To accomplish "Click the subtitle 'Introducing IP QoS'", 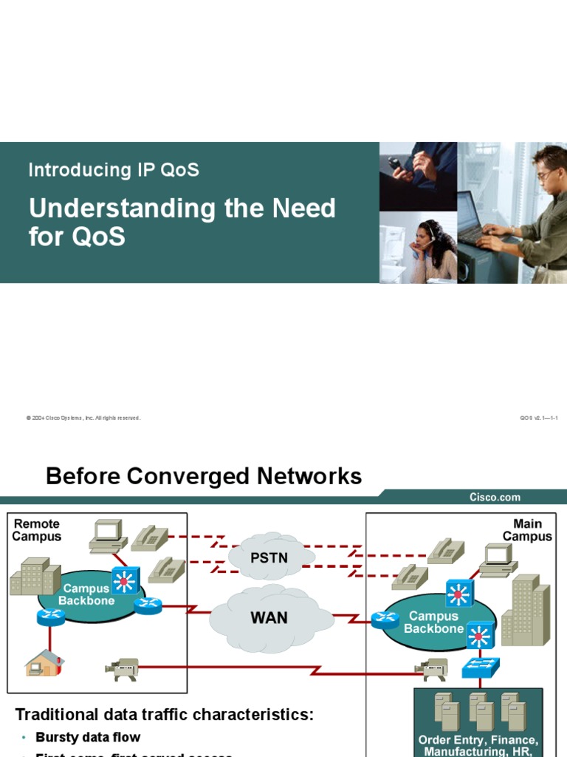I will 114,170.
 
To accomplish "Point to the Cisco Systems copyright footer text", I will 83,418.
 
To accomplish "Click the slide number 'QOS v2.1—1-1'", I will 538,418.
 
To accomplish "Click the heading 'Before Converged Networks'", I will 204,476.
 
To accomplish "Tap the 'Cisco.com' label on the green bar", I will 495,498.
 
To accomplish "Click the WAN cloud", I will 269,617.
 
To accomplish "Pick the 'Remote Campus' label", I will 37,530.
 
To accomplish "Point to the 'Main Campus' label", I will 527,530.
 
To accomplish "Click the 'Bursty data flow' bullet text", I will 88,737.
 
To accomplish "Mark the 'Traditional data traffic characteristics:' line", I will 165,715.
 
